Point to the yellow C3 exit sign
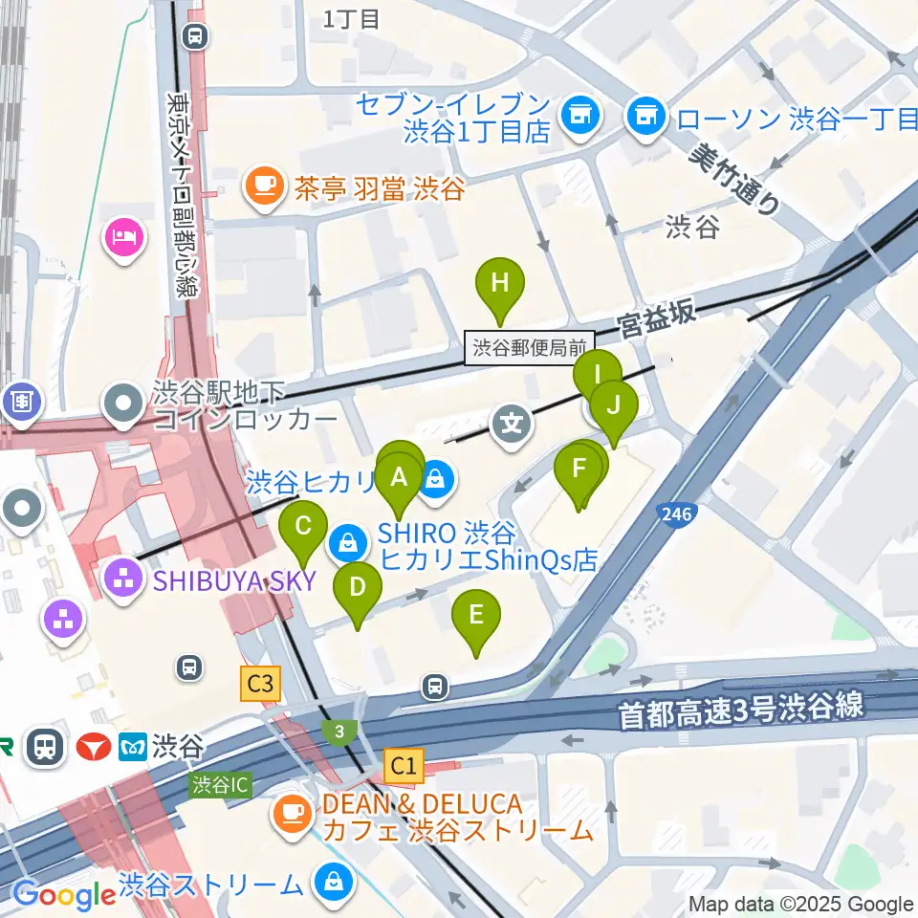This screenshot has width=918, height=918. pyautogui.click(x=261, y=684)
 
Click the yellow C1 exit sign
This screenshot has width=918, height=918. pyautogui.click(x=403, y=764)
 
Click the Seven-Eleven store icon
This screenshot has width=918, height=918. pyautogui.click(x=579, y=116)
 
